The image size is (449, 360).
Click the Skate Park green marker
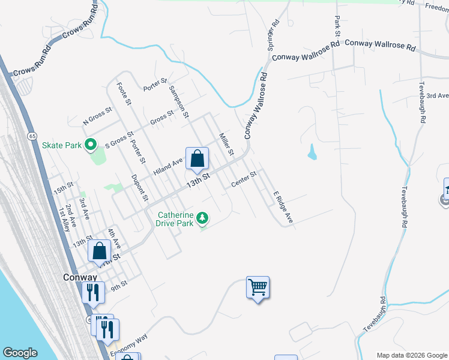pos(91,145)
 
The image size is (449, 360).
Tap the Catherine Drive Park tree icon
pos(203,216)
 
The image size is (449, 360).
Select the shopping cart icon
pos(258,288)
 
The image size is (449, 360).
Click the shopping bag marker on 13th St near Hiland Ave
pos(197,159)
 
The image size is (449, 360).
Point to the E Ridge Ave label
pos(283,208)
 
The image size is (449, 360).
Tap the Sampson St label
pos(179,101)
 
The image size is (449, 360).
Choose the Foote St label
pos(124,94)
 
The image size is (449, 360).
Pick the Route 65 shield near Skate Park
pos(31,136)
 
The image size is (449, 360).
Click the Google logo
pos(20,352)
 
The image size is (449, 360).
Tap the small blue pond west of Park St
pos(312,153)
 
